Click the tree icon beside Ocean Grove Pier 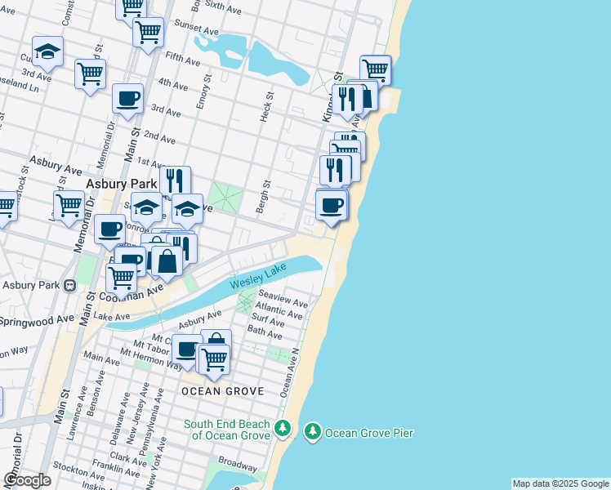(x=312, y=431)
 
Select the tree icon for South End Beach (x=283, y=428)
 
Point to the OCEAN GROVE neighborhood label (x=222, y=391)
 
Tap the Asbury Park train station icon (x=70, y=285)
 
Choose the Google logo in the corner (x=28, y=479)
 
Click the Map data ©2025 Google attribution (x=560, y=483)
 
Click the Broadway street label (x=237, y=462)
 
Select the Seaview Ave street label (x=283, y=298)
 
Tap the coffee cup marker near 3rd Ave (x=127, y=99)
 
